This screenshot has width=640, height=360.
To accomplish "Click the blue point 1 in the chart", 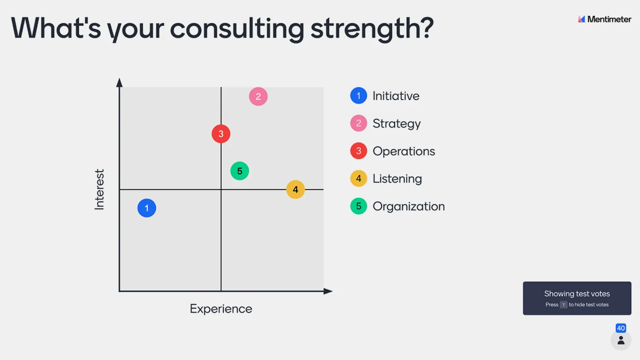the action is point(147,208).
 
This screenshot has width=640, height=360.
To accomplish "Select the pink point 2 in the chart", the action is point(258,96).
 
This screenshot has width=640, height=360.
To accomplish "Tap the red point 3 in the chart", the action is point(221,134).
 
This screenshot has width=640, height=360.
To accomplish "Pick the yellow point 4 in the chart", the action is point(295,190).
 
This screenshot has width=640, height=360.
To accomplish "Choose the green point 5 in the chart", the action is point(240,171).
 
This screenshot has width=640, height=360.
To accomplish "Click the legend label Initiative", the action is point(396,96).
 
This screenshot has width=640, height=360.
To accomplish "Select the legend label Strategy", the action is point(396,124).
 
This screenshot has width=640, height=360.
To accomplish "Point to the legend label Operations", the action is point(404,151).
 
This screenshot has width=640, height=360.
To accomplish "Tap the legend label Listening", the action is point(397,179).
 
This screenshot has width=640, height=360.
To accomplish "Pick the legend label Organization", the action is point(409,206).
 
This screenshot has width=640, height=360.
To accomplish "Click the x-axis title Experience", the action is point(221,309).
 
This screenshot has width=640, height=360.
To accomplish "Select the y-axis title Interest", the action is point(99,190).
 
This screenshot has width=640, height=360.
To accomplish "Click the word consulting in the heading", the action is point(237,29).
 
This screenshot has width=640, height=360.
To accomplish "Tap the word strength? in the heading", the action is point(372,29).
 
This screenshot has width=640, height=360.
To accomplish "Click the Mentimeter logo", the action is point(604,19).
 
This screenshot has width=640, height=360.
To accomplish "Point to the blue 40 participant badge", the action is point(620,328).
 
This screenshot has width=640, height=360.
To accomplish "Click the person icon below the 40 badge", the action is point(620,340).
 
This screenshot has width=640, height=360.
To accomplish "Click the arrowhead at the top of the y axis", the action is point(119,82).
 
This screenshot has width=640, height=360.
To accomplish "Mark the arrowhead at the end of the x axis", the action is point(328,291).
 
